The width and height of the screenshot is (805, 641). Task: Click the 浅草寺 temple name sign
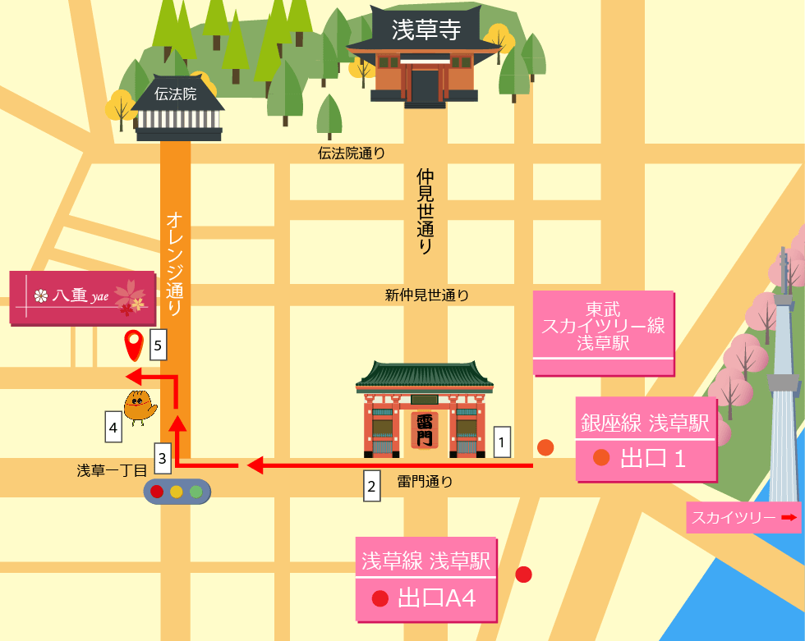click(x=425, y=30)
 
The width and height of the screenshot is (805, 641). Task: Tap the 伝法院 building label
click(x=177, y=94)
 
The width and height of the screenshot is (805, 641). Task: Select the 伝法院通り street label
click(x=352, y=153)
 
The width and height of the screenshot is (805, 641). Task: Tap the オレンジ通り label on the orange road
click(x=174, y=263)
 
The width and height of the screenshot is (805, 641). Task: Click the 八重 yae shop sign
click(x=82, y=296)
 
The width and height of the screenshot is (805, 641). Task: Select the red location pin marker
click(x=133, y=344)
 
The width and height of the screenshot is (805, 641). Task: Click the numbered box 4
click(x=113, y=427)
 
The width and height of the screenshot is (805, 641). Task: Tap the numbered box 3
click(x=163, y=458)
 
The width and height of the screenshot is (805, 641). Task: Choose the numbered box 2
click(x=372, y=486)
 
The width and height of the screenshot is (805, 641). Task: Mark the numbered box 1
click(x=503, y=442)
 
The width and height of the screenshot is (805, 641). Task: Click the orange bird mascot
click(x=140, y=406)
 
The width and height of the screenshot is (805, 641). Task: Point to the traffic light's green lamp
click(x=196, y=492)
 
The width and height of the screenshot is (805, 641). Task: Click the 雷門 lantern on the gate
click(x=425, y=430)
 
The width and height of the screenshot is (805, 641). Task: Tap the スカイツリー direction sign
click(x=743, y=518)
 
